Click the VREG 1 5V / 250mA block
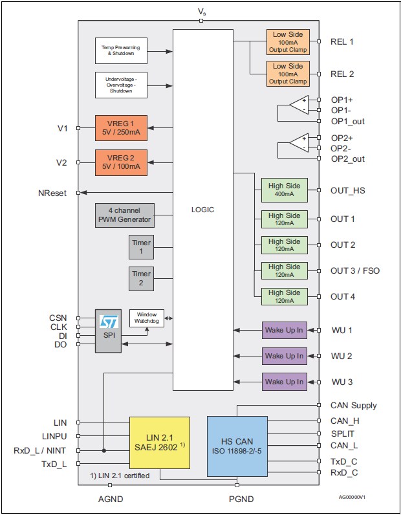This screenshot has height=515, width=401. coord(121,128)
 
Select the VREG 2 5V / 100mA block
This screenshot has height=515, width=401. coord(121,162)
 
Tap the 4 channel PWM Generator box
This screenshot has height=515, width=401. coord(125,215)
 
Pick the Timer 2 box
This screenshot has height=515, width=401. coord(140,279)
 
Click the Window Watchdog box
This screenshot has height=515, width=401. coord(146,318)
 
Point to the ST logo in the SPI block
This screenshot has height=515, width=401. coord(108,321)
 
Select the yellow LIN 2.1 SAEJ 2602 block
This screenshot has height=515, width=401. coord(160,442)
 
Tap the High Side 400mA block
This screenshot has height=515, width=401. coord(285,190)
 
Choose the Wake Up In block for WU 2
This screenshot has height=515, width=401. coord(284,356)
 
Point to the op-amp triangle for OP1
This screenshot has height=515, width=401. coord(299,105)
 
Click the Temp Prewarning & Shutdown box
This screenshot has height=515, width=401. coord(121,50)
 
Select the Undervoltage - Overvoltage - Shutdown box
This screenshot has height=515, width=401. coord(121,85)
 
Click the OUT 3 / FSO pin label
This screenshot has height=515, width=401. coord(355,270)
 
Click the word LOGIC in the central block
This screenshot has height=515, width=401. coord(202,210)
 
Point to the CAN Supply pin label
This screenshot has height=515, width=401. coord(354,406)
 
